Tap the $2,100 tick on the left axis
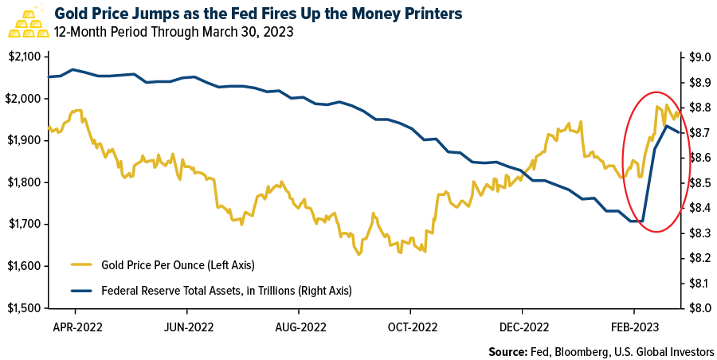(x=27, y=57)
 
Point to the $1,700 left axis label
(x=27, y=224)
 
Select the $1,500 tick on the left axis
(x=27, y=307)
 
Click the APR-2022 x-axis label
(x=76, y=326)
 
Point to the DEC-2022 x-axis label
(x=523, y=326)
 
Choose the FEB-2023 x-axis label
(x=634, y=326)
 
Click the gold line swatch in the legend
(x=81, y=264)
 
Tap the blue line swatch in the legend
(x=81, y=291)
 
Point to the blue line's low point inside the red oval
(x=642, y=221)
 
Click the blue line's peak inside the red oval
(x=666, y=126)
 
